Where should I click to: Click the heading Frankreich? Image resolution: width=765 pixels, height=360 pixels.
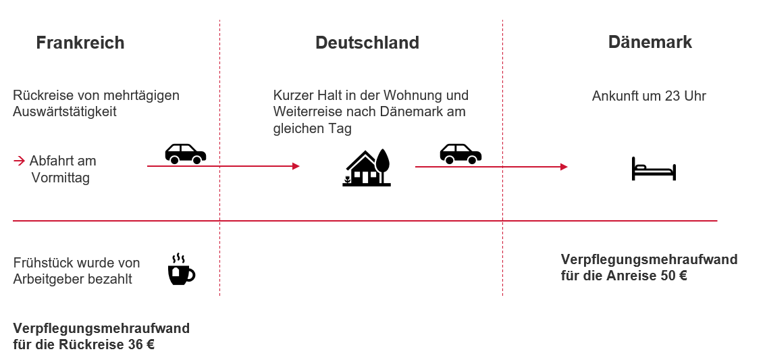(80, 43)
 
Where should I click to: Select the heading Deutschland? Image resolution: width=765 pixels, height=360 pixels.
(367, 43)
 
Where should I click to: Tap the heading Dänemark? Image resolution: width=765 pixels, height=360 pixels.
(650, 42)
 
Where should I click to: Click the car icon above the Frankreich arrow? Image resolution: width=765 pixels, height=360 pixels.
(186, 153)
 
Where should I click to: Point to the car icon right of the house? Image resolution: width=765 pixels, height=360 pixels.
(460, 153)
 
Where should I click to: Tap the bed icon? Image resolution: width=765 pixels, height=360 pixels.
(654, 169)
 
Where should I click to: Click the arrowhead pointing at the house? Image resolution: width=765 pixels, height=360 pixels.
(296, 166)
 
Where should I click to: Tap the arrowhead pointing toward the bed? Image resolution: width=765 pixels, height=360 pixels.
(564, 167)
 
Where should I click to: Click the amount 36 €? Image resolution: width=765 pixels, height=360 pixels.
(141, 345)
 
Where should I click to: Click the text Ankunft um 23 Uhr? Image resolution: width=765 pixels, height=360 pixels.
(649, 96)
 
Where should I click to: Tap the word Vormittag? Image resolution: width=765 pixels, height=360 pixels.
(60, 178)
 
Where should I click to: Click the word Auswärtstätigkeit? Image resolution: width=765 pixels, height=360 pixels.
(65, 111)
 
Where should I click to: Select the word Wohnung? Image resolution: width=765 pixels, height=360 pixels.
(406, 95)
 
